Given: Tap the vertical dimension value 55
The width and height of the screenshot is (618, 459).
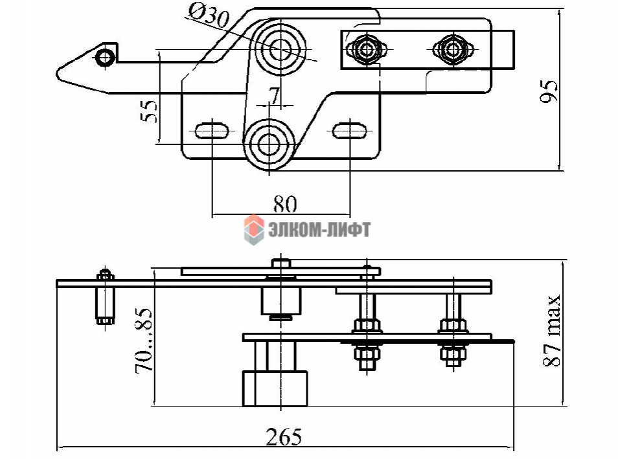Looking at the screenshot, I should point(149,110).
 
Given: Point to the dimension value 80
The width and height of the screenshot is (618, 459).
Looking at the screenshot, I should point(284,204).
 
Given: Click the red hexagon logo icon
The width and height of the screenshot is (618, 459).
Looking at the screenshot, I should point(253,230).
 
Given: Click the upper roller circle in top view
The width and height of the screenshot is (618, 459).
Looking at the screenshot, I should point(280,47).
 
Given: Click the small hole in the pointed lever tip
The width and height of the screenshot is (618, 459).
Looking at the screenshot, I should point(104,58).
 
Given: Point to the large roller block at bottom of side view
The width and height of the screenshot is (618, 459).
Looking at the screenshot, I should point(275,388).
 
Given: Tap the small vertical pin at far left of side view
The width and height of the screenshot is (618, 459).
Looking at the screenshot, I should point(104,298).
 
